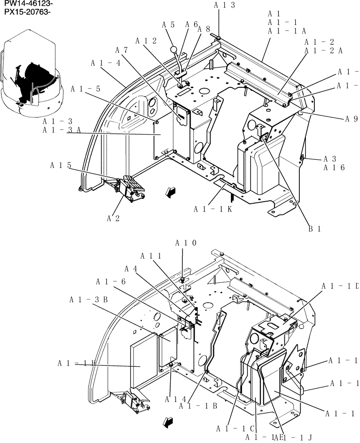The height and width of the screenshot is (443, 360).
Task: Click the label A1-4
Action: pos(106,63)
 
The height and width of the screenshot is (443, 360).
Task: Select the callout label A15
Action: pos(60,165)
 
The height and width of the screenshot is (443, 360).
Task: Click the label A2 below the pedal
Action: pos(113,218)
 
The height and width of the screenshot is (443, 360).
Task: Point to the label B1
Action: pos(314,229)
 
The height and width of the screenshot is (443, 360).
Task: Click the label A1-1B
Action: pos(198,405)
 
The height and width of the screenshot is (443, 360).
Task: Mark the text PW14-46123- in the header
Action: pos(26,4)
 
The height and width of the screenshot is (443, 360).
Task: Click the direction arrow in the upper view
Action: pos(169,191)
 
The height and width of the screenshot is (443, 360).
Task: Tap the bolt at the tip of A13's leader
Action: pos(219,38)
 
